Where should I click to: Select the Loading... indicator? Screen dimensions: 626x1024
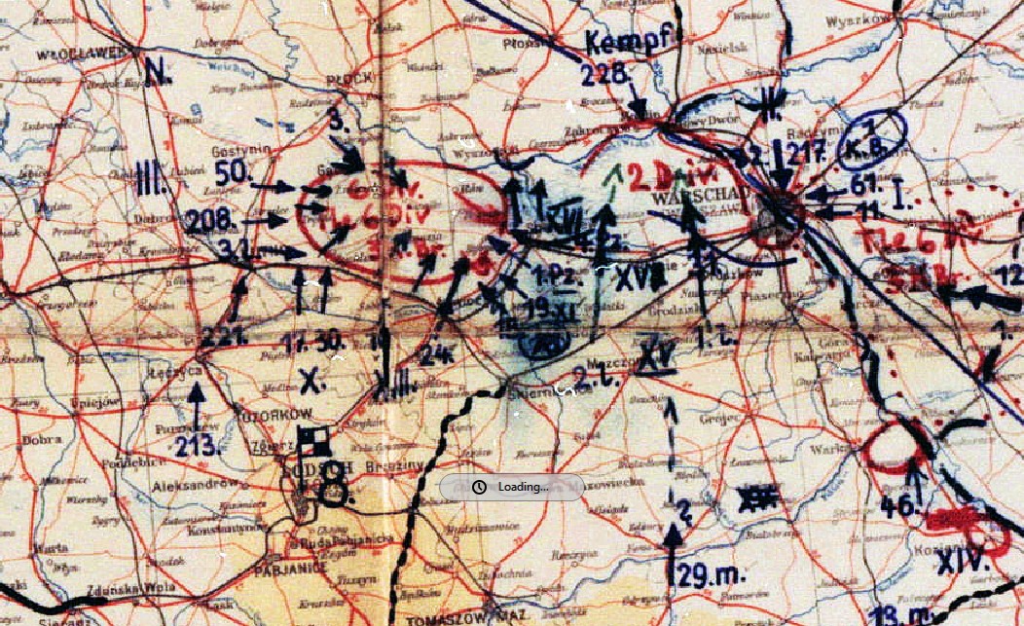[x=512, y=487]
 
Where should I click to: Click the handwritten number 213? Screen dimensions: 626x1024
[x=199, y=447]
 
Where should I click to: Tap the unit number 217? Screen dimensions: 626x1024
[x=807, y=152]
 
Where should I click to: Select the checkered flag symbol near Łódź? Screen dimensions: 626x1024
[x=311, y=444]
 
